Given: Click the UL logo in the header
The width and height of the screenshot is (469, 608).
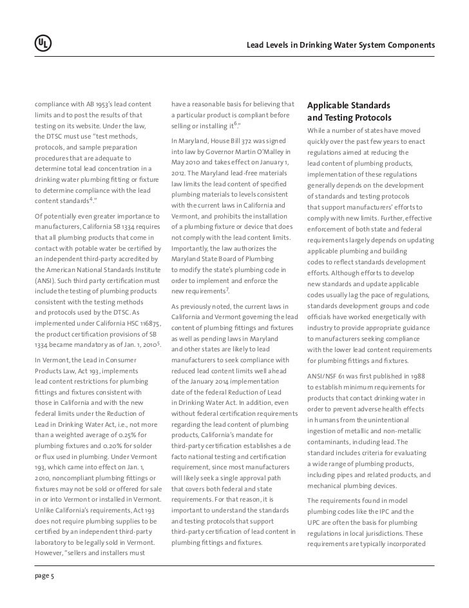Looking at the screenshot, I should click(43, 44).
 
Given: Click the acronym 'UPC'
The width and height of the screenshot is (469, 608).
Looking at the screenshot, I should click(315, 523).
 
